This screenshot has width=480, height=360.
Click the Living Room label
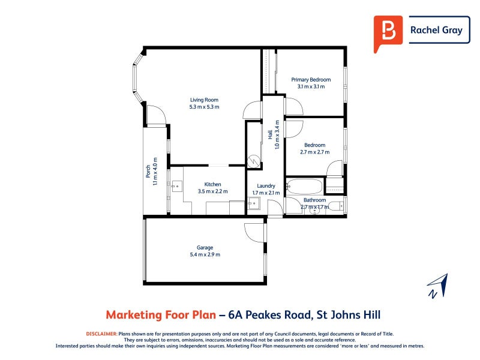pos(204,100)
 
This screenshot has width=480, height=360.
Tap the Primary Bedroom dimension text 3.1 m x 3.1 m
pos(311,86)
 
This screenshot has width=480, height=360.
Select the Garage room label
pos(205,248)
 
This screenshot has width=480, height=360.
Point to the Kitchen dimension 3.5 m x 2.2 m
pos(213,191)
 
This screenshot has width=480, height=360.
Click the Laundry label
pos(266,186)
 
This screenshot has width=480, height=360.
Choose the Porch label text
pos(148,172)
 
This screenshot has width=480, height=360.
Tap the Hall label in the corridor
pos(271,134)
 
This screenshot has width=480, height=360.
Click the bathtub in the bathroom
pos(305,186)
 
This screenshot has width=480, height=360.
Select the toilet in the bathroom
pos(338,205)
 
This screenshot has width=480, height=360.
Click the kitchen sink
pos(176,186)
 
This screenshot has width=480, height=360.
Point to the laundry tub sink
pos(254,203)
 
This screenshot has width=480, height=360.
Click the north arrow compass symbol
pos(438,286)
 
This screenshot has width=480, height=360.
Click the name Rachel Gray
pos(436,30)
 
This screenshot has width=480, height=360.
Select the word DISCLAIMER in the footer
pos(101,334)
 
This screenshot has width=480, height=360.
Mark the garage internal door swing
pos(254,233)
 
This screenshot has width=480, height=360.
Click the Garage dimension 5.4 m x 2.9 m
pos(205,254)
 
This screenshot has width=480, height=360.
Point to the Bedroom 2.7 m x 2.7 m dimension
pos(315,152)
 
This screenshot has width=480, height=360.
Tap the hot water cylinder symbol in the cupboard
pos(254,161)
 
